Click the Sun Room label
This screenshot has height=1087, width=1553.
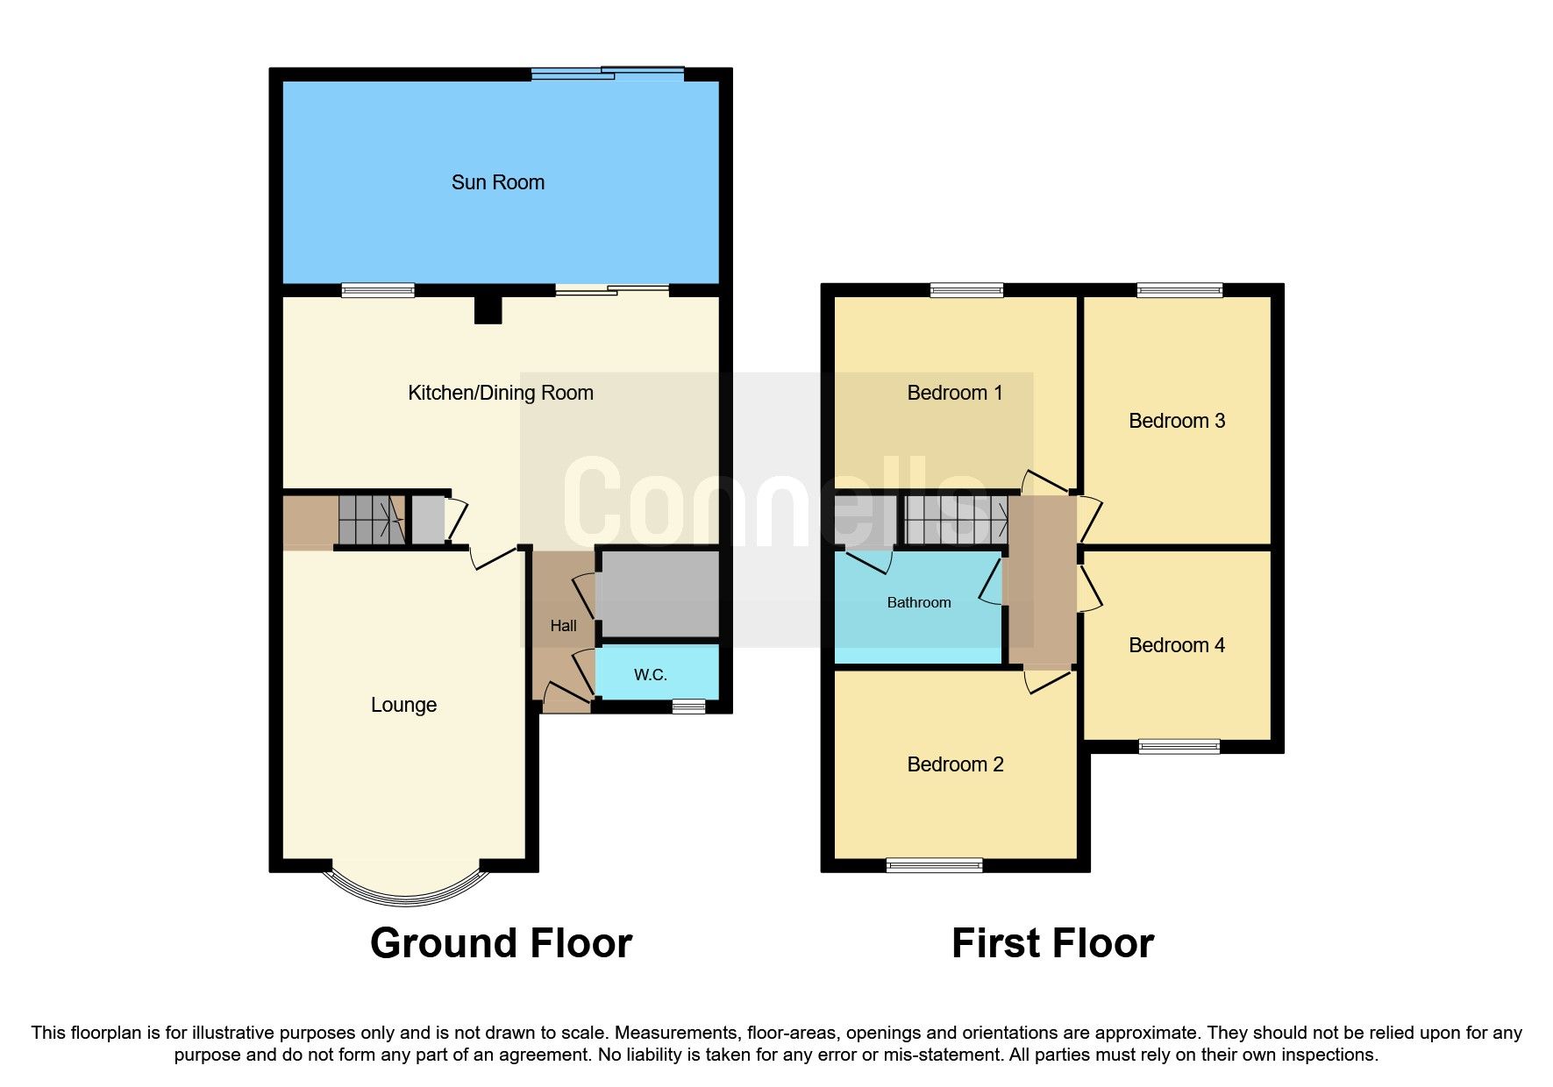pos(497,182)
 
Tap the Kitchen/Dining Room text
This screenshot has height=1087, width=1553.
pos(500,393)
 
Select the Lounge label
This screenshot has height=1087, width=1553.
pos(403,705)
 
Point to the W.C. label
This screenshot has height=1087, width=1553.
pos(651,675)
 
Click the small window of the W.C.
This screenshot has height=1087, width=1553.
pos(688,706)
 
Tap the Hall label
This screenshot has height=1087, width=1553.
pos(563,626)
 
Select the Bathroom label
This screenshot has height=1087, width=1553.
pos(918,602)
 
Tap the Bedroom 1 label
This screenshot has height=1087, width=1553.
pos(954,393)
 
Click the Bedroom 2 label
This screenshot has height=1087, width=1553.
pos(954,764)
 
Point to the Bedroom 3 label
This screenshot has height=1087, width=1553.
pos(1176,421)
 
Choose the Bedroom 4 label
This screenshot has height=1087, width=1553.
pos(1176,645)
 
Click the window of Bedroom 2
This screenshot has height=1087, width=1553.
pos(934,865)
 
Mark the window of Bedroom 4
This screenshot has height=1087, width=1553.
pos(1179,746)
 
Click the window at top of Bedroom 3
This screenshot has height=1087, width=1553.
pos(1179,290)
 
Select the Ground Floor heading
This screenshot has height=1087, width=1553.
pos(501,943)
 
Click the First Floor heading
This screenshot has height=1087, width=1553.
pos(1051,943)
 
